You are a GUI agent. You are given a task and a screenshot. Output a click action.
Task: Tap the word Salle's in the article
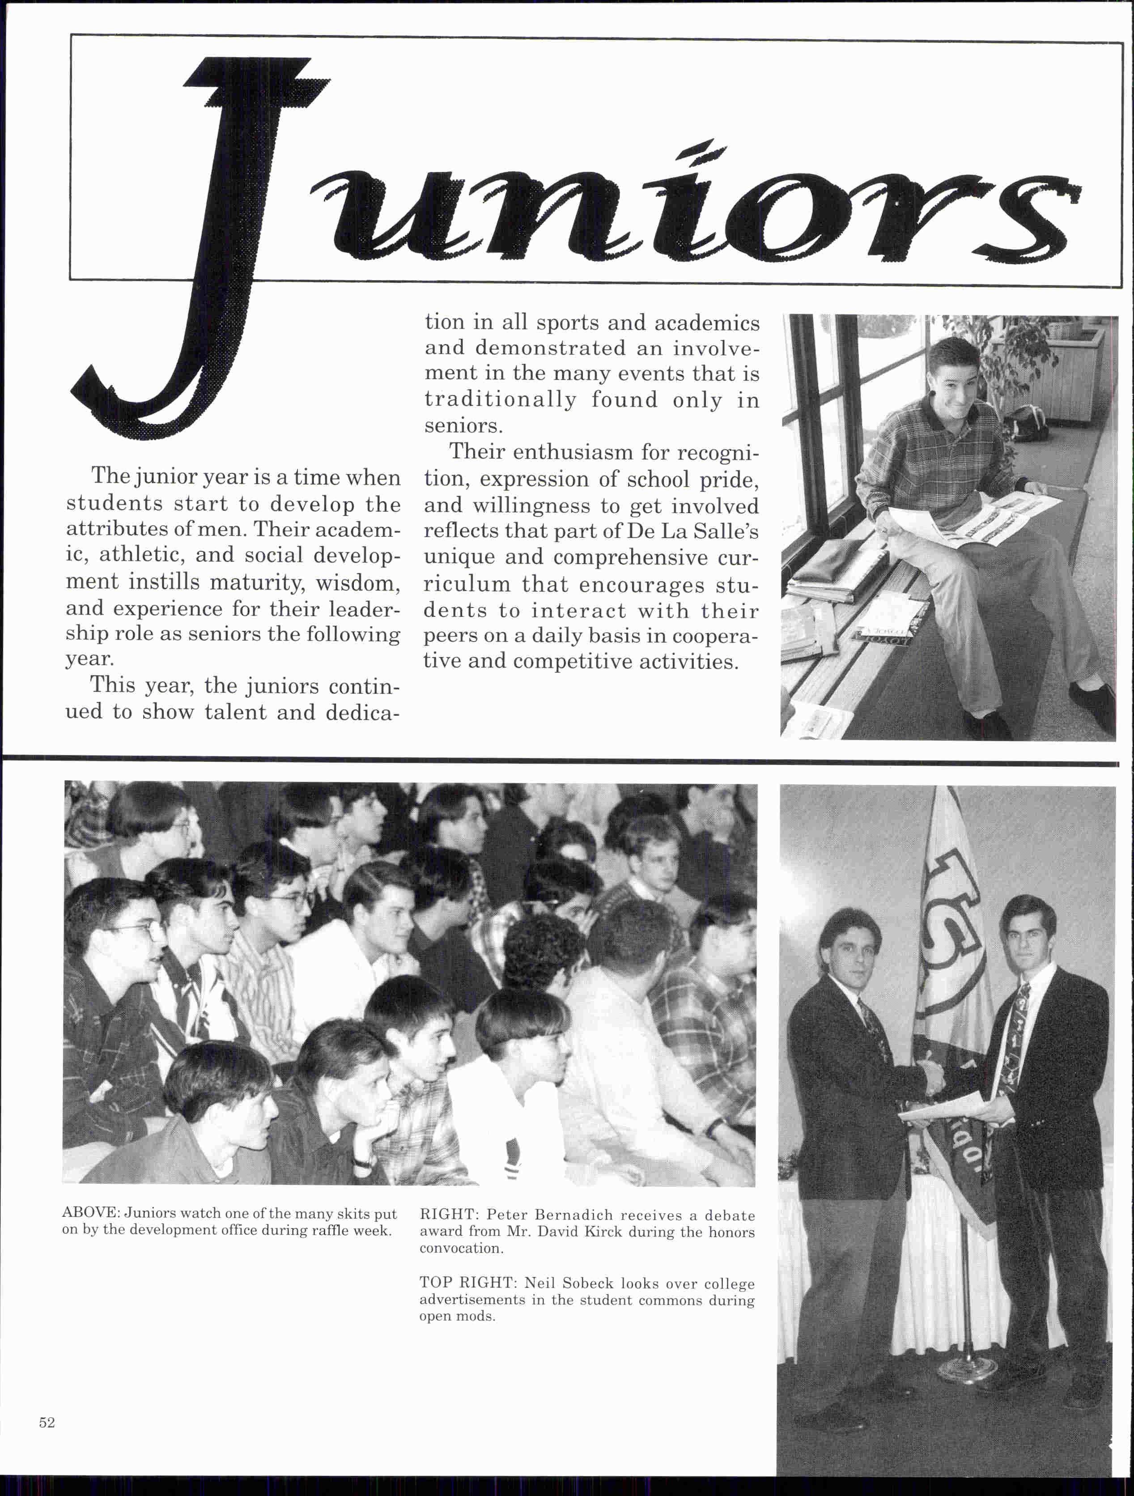coord(727,531)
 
